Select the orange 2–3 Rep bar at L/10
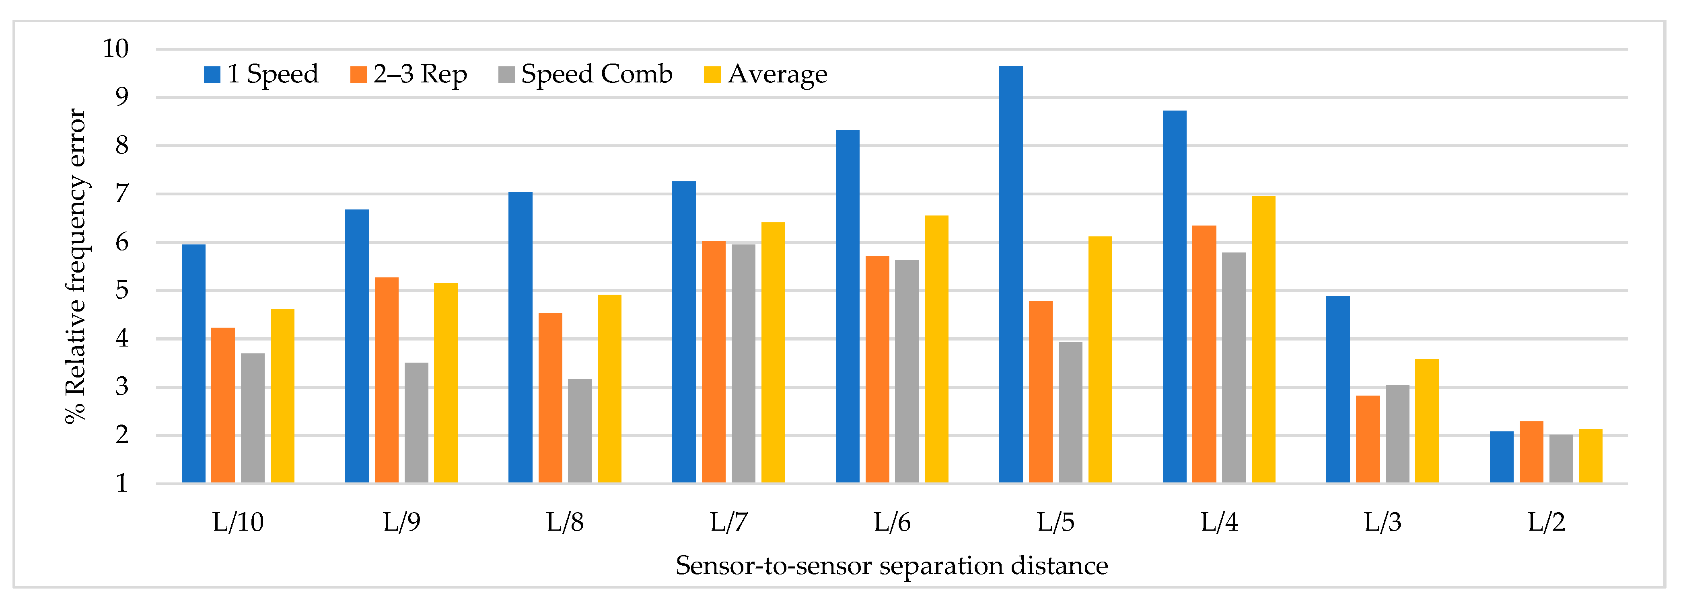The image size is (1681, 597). pos(223,404)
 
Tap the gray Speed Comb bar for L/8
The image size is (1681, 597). pos(580,431)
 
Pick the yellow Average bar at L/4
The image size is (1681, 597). pos(1263,339)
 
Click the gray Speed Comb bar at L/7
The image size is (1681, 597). pos(743,363)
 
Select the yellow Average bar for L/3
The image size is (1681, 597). pos(1426,421)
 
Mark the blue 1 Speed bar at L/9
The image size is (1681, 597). pos(357,346)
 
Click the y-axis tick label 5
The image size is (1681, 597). pos(122,290)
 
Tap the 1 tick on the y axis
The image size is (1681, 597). pos(122,484)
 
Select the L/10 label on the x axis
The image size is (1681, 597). pos(238,522)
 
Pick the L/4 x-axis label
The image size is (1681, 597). pos(1219,522)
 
